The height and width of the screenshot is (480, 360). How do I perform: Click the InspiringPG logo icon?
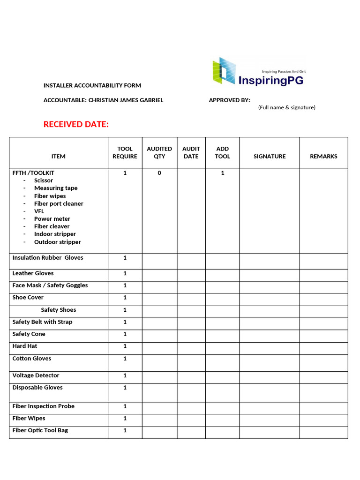[224, 70]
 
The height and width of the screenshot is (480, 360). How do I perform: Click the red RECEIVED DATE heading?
[76, 124]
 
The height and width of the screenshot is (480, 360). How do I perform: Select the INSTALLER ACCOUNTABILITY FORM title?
[92, 85]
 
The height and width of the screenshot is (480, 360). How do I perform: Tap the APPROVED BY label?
[229, 100]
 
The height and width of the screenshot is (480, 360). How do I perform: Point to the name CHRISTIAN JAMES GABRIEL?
[126, 100]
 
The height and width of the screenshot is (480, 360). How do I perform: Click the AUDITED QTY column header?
[159, 152]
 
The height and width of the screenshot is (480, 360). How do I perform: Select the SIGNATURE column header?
[270, 156]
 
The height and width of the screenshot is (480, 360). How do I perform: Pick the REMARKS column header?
[323, 156]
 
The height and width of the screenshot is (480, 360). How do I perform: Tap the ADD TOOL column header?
[223, 152]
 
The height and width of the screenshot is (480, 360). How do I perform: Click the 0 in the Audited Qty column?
[159, 173]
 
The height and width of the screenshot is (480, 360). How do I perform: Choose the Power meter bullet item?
[52, 219]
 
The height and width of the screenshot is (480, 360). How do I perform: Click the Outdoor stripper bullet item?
[57, 242]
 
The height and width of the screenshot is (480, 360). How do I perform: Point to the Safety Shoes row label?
[58, 310]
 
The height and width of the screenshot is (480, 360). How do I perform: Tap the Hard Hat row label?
[25, 346]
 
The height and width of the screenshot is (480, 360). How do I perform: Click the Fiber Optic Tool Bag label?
[40, 430]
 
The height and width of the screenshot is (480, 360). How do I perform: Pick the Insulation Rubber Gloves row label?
[48, 258]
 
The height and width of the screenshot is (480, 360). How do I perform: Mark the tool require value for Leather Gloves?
[125, 273]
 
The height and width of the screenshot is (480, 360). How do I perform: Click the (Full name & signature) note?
[286, 107]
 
